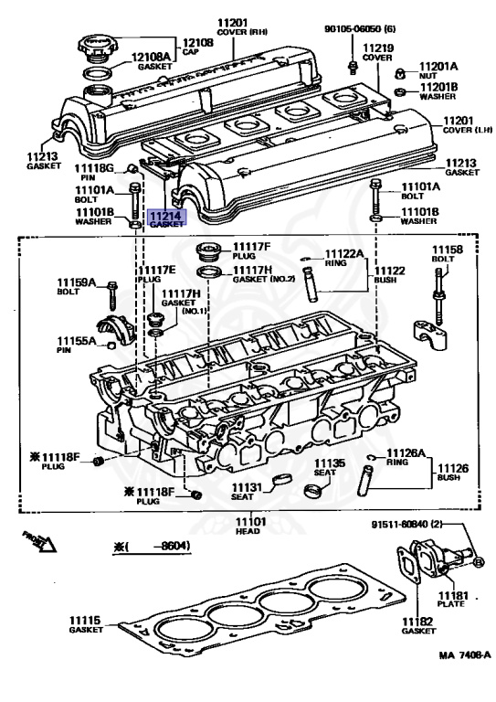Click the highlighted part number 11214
tap(166, 217)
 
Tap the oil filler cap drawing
tap(97, 48)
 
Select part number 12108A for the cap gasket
tap(151, 57)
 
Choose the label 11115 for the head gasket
tap(85, 620)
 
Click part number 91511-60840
tap(400, 524)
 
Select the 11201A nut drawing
tap(400, 73)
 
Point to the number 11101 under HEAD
tap(250, 522)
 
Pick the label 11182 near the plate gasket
tap(417, 621)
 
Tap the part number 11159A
tap(76, 282)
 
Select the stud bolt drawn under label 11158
tap(438, 296)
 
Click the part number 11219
tap(378, 48)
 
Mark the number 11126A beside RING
tap(406, 453)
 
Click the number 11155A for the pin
tap(76, 341)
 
